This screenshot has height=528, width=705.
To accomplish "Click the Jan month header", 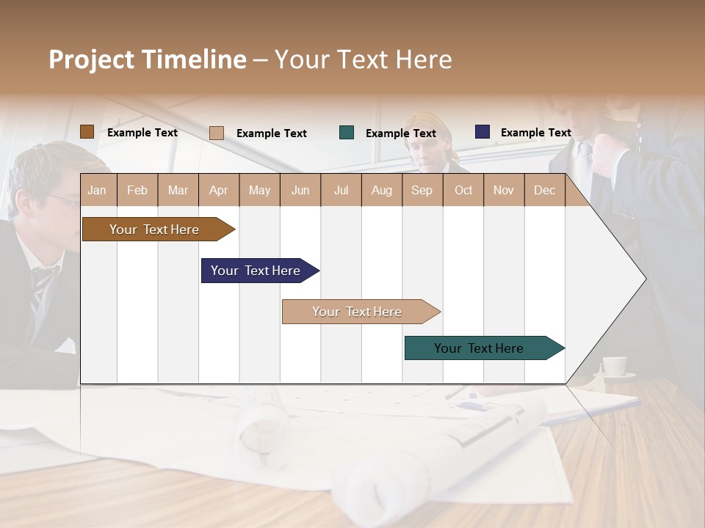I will click(x=97, y=190).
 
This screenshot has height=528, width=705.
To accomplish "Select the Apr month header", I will click(x=218, y=190).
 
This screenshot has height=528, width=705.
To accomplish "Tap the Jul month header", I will click(x=341, y=190).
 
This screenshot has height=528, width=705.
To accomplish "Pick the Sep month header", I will click(x=422, y=190).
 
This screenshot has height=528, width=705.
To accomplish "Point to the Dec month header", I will click(x=544, y=190).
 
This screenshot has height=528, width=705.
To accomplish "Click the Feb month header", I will click(x=137, y=190).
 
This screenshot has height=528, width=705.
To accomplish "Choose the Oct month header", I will click(x=463, y=190).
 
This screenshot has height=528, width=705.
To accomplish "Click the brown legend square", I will click(x=87, y=132).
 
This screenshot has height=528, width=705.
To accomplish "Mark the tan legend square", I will click(x=217, y=133).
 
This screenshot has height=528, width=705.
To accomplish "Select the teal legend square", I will click(x=347, y=133).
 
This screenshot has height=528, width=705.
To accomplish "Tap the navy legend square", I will click(x=482, y=132).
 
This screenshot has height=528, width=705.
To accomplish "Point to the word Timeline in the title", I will click(x=194, y=59).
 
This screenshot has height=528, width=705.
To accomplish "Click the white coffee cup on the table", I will click(x=614, y=366).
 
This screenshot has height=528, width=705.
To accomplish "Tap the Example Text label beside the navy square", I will click(x=535, y=133).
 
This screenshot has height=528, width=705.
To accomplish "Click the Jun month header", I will click(x=300, y=190).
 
